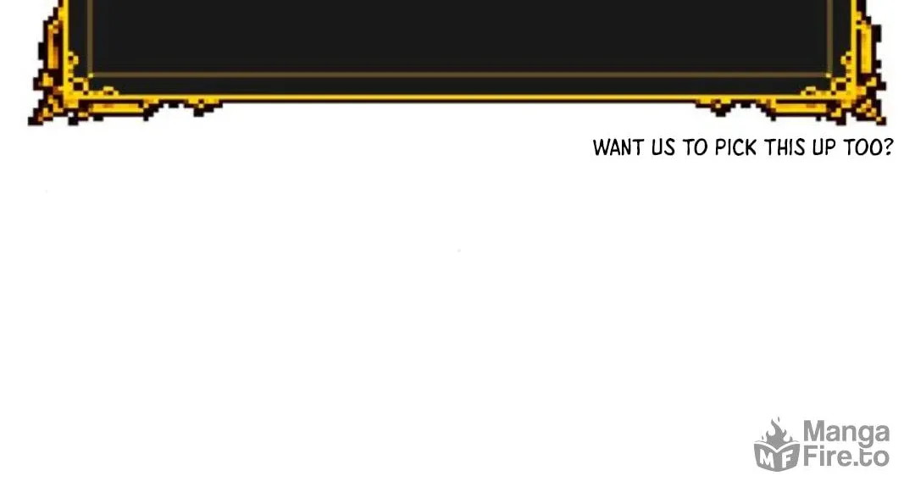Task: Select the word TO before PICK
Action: coord(696,147)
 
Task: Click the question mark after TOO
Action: coord(888,147)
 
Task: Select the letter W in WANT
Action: coord(601,147)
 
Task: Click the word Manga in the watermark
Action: coord(846,434)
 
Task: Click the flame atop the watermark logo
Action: coord(775,432)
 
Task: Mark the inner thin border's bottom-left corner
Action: coord(91,75)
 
